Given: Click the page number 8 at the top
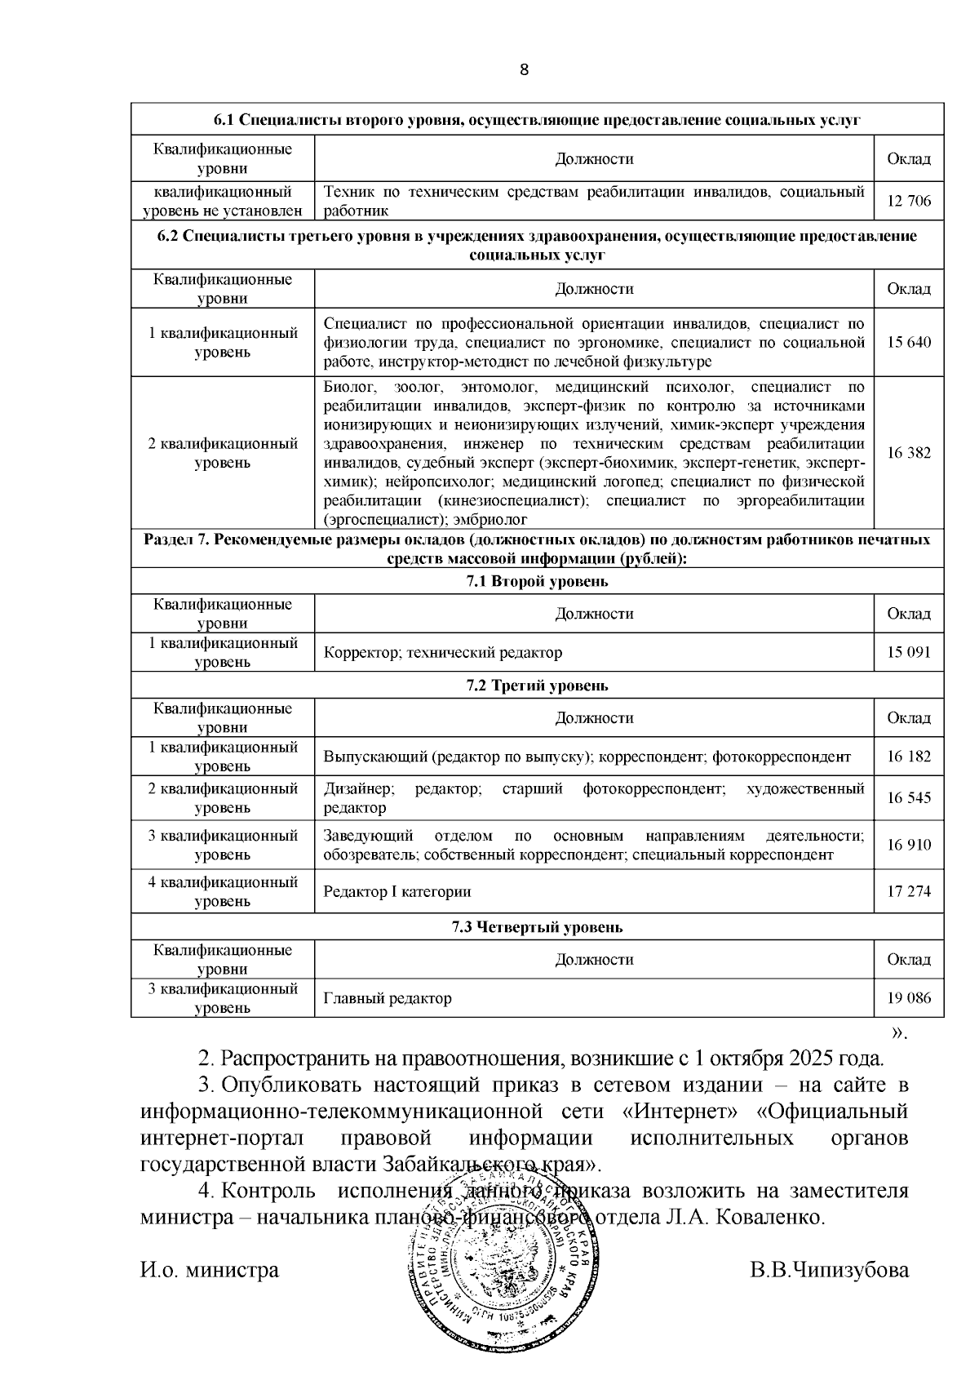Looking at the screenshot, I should point(525,69).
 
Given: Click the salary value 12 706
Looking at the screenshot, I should point(908,201).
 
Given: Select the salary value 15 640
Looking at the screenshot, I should point(908,342).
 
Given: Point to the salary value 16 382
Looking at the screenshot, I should point(908,453).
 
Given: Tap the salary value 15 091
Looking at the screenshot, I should point(908,652).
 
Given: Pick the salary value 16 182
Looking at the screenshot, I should point(908,757).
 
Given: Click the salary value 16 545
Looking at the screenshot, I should point(908,797).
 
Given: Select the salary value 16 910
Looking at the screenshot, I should point(908,845).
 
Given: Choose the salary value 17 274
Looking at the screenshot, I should point(908,891).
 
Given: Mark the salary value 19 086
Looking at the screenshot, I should point(908,997).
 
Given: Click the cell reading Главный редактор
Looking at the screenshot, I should point(388,998).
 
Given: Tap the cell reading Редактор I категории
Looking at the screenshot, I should point(397,892).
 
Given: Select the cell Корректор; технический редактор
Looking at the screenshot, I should point(443,653).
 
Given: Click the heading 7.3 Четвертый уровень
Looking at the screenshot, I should point(537,927).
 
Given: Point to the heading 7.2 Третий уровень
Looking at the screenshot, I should point(537,686).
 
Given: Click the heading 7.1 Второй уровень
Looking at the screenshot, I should point(537,582).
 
